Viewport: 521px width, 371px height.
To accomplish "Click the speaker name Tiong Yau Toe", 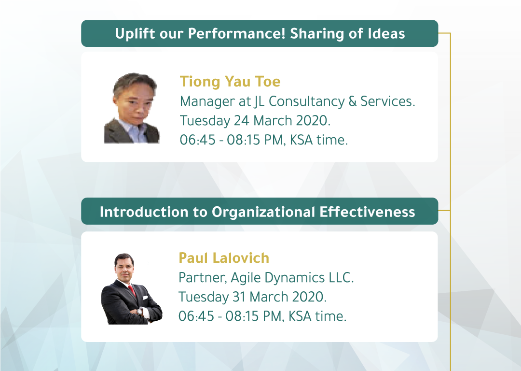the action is tap(230, 82).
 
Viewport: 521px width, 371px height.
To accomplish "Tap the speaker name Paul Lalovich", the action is tap(224, 258).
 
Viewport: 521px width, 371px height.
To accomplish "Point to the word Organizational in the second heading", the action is tap(263, 212).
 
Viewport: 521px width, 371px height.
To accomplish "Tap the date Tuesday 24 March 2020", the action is tap(255, 120).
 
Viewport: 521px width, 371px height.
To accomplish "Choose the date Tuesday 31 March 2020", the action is tap(252, 297).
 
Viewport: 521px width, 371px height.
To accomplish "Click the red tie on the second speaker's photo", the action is tap(132, 290).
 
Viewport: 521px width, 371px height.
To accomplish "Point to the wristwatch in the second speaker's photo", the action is tap(140, 312).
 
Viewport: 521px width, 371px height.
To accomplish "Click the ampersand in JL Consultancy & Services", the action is tap(352, 101).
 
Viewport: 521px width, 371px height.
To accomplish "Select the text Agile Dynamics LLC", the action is tap(292, 277).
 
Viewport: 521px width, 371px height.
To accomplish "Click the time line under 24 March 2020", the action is tap(263, 140).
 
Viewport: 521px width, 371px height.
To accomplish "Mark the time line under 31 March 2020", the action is tap(262, 316).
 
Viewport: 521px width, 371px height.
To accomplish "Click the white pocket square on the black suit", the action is tap(145, 298).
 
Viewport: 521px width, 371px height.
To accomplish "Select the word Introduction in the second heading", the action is tap(144, 212).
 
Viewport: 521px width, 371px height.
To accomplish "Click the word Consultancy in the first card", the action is tap(307, 101).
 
